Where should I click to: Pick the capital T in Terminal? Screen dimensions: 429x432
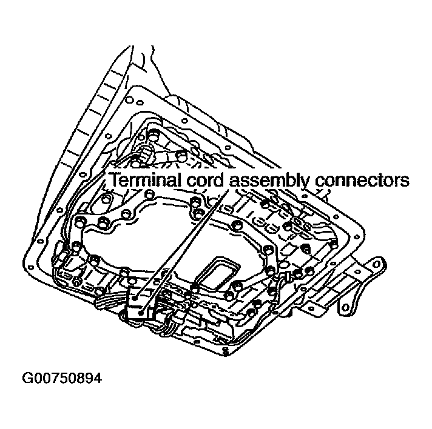(114, 180)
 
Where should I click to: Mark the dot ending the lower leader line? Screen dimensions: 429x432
(141, 311)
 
